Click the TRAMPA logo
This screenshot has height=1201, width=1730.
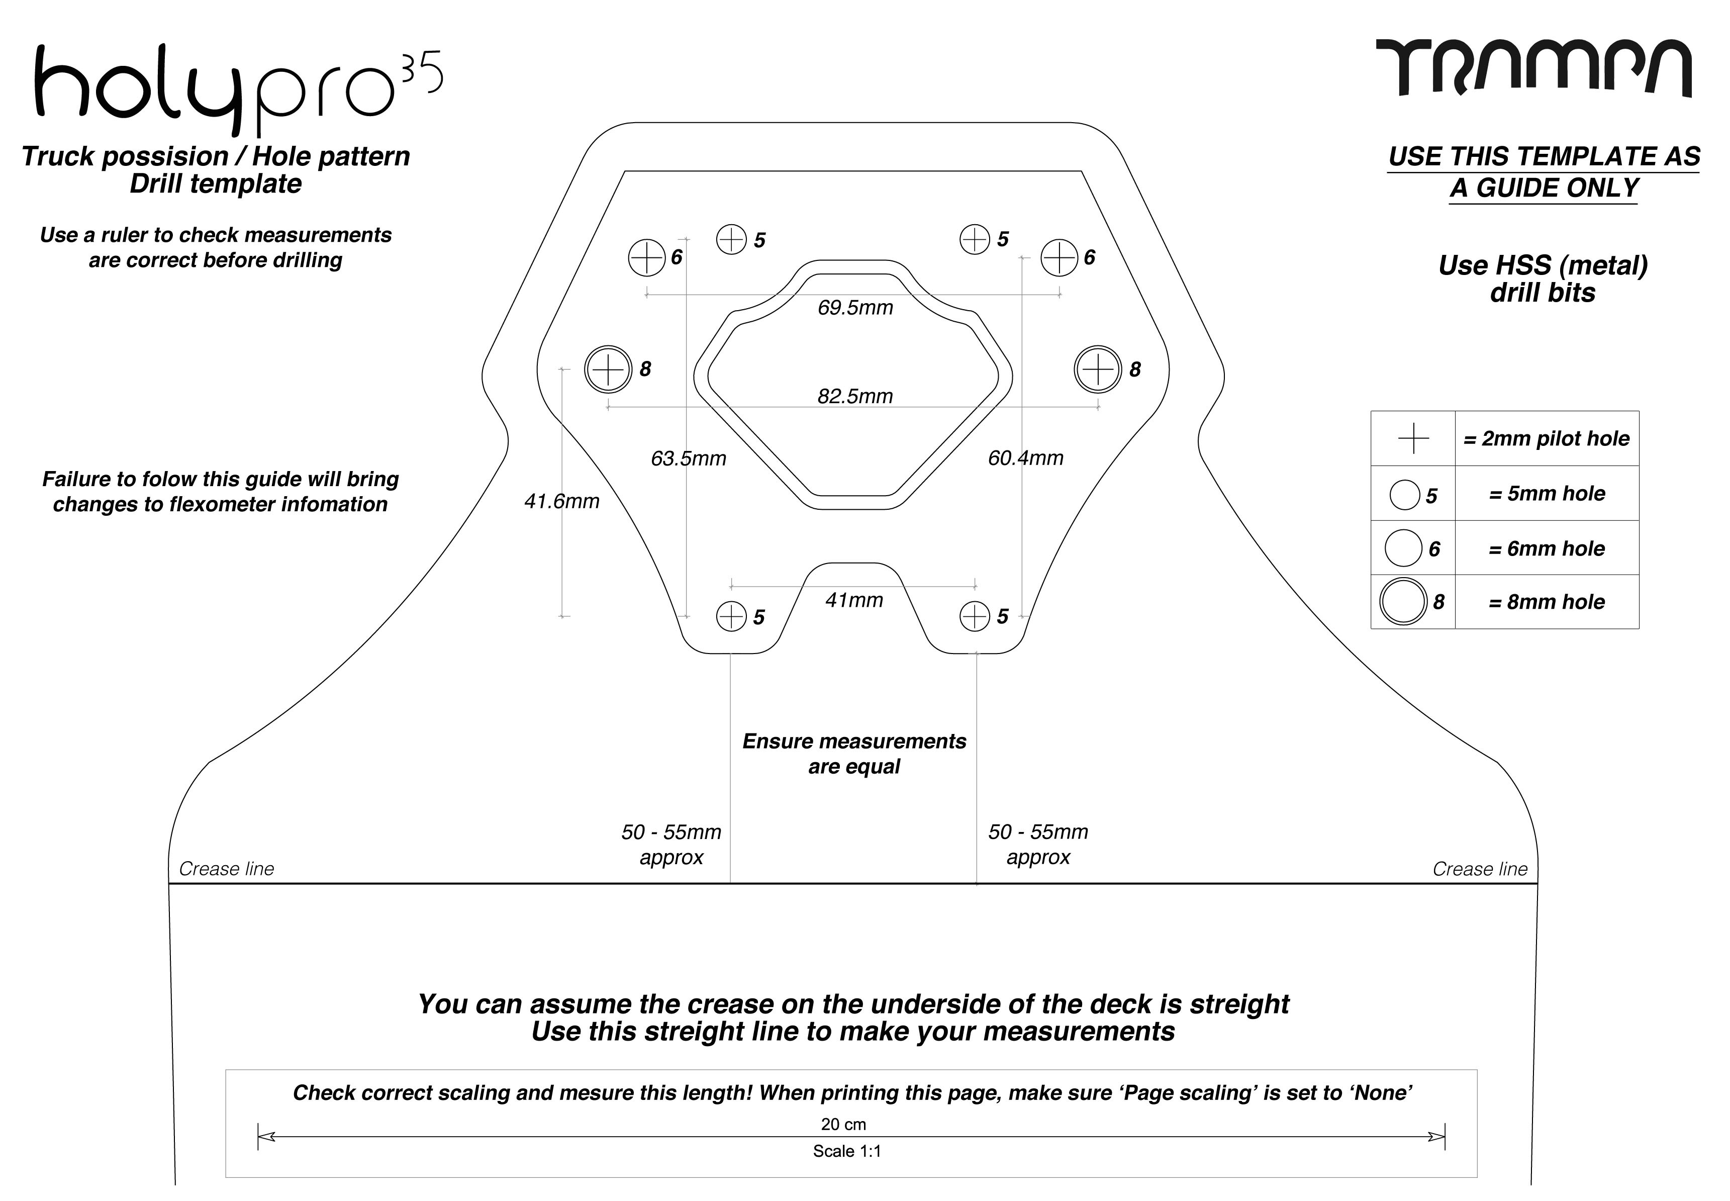click(x=1533, y=69)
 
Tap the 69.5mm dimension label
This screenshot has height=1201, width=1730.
click(x=855, y=308)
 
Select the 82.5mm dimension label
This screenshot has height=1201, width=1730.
click(x=855, y=397)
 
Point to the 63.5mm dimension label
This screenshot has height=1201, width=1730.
click(x=688, y=459)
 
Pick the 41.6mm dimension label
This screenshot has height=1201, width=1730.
click(x=562, y=501)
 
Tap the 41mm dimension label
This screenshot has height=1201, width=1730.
click(x=854, y=600)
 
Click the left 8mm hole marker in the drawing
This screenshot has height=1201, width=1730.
click(x=608, y=369)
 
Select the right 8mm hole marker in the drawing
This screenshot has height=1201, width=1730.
click(x=1098, y=369)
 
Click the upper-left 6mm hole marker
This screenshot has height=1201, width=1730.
click(x=647, y=257)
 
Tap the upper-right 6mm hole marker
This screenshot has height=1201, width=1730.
click(x=1059, y=257)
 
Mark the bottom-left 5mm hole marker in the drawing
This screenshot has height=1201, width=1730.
click(x=731, y=616)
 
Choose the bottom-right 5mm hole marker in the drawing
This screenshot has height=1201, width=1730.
click(x=975, y=616)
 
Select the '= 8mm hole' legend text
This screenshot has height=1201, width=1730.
click(x=1547, y=602)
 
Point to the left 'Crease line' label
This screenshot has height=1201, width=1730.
click(x=226, y=869)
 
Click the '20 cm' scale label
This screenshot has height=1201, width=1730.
click(x=843, y=1124)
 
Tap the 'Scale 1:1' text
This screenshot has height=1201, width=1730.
click(x=847, y=1151)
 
